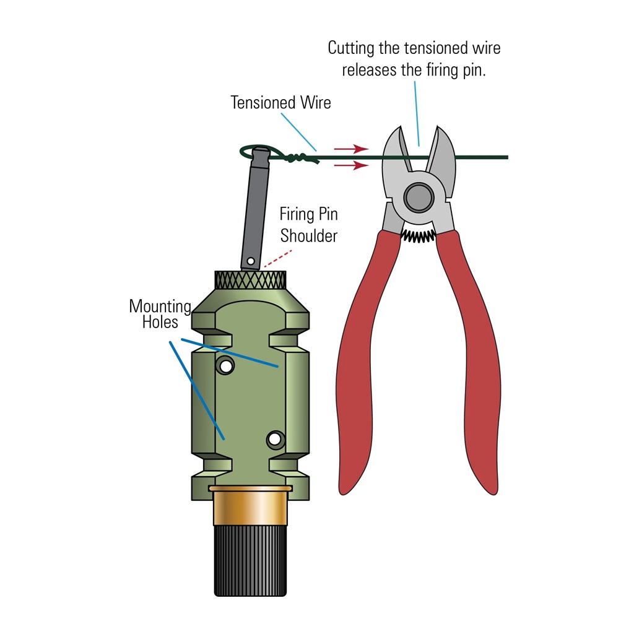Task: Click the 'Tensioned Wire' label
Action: [280, 102]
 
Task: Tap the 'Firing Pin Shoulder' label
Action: [309, 225]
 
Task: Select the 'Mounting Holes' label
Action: [160, 314]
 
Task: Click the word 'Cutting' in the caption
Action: [351, 48]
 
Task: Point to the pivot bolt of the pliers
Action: [419, 198]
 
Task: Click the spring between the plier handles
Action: [418, 236]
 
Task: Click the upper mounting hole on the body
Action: [225, 367]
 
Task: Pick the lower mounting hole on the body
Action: [276, 439]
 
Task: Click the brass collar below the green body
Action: [250, 505]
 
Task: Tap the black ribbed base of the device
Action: [250, 560]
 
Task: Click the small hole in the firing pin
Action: [251, 261]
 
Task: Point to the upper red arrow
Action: [351, 149]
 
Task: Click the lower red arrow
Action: [351, 165]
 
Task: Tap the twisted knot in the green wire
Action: [302, 158]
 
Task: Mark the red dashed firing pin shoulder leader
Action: [278, 258]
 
